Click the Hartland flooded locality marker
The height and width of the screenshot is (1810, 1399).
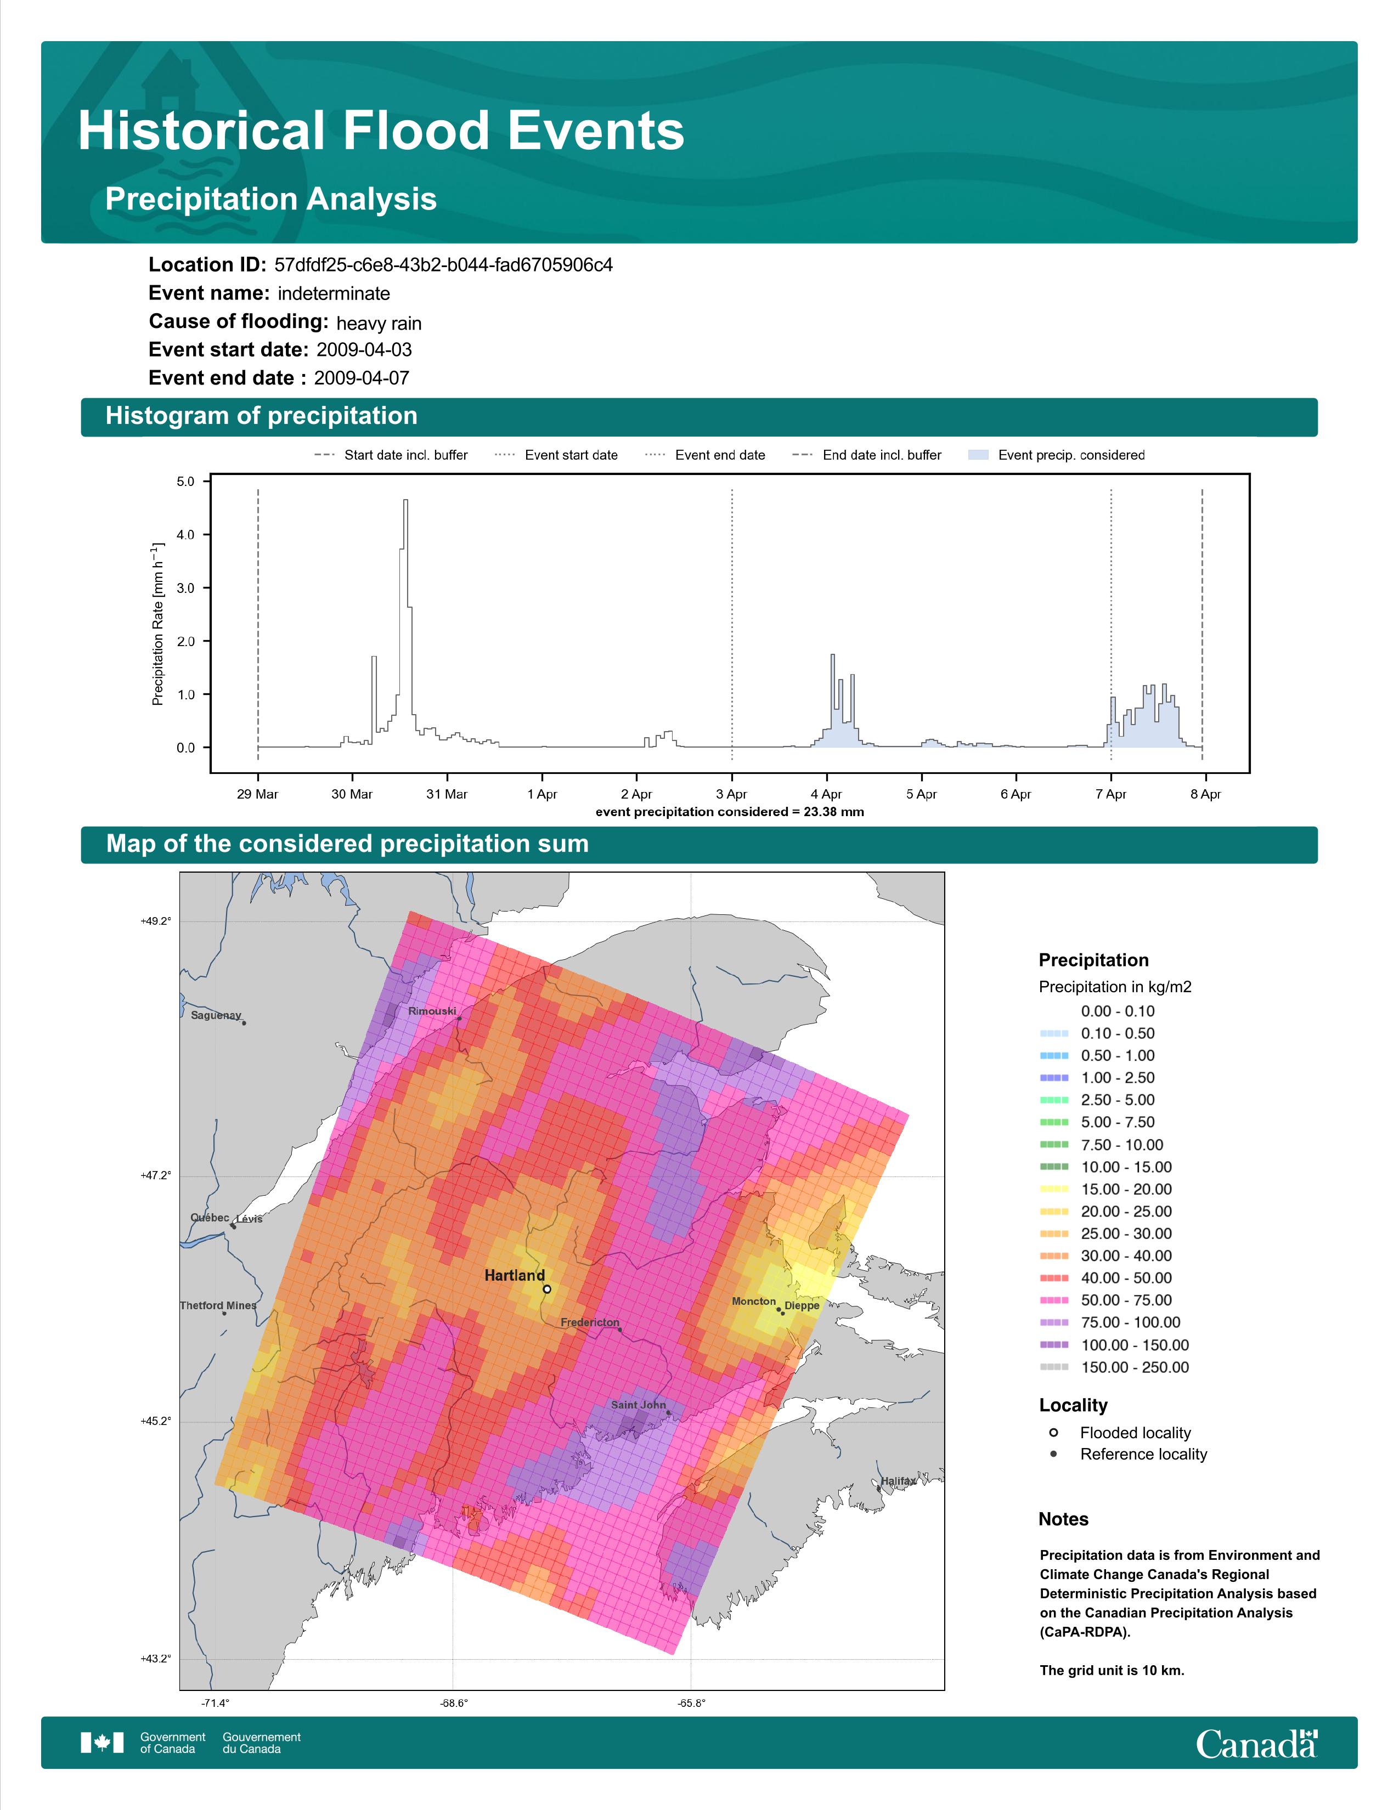pyautogui.click(x=547, y=1289)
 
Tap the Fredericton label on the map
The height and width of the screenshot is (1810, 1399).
pyautogui.click(x=589, y=1322)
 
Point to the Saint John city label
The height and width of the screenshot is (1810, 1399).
pyautogui.click(x=638, y=1404)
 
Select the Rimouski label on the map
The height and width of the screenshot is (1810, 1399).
pyautogui.click(x=432, y=1011)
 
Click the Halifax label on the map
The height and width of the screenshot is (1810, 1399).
pyautogui.click(x=899, y=1480)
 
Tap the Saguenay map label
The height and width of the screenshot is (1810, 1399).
pyautogui.click(x=216, y=1015)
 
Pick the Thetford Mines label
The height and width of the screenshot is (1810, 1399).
pyautogui.click(x=218, y=1305)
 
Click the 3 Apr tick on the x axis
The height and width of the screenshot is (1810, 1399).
pyautogui.click(x=731, y=794)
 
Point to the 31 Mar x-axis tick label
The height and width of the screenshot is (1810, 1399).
pyautogui.click(x=447, y=794)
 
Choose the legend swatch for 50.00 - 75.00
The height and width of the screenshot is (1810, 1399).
pyautogui.click(x=1054, y=1300)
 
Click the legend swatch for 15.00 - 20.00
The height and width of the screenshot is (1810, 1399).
pyautogui.click(x=1054, y=1189)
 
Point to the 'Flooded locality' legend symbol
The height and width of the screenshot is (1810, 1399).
pyautogui.click(x=1053, y=1432)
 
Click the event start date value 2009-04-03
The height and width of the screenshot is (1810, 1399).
pyautogui.click(x=364, y=350)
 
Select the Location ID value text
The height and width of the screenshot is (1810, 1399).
pyautogui.click(x=443, y=265)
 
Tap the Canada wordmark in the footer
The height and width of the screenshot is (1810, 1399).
pyautogui.click(x=1256, y=1743)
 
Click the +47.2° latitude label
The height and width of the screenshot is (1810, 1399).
pyautogui.click(x=156, y=1175)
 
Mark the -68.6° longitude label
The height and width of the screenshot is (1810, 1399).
pyautogui.click(x=453, y=1703)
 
